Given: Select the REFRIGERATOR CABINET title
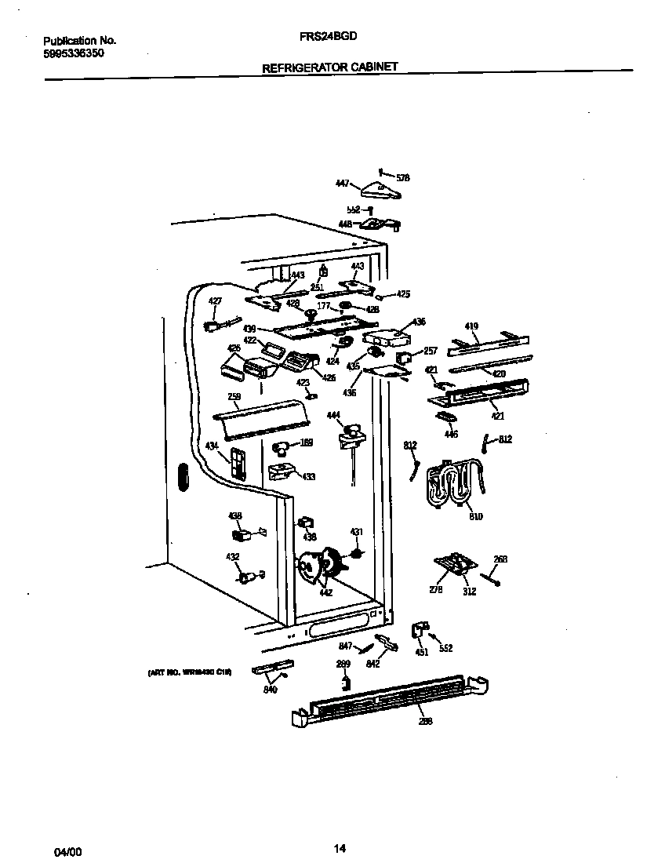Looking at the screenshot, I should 329,67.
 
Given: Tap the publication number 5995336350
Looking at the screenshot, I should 73,53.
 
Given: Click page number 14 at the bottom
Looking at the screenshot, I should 339,847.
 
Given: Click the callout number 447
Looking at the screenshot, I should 342,183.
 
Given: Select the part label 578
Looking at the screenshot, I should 403,178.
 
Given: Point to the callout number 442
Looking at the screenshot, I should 325,592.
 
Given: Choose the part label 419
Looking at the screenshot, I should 471,326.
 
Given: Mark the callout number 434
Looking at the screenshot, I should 212,446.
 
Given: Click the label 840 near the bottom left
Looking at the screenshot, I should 271,690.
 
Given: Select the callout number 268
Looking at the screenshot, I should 500,559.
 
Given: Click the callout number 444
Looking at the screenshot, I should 333,414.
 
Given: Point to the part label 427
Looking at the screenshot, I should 215,300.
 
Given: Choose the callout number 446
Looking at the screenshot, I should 450,434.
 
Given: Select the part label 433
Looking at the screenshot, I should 309,476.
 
